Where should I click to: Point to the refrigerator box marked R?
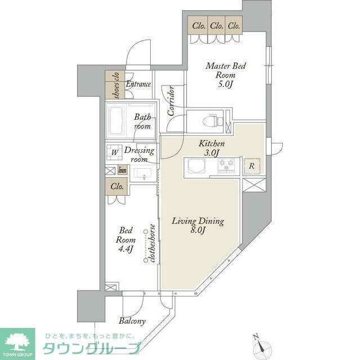coord(251,166)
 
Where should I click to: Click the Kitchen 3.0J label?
coord(211,148)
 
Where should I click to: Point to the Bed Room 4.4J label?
coord(125,240)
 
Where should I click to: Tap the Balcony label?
coord(132,321)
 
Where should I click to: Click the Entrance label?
coord(138,84)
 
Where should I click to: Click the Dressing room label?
coord(138,155)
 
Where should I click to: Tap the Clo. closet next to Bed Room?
coord(117,186)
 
